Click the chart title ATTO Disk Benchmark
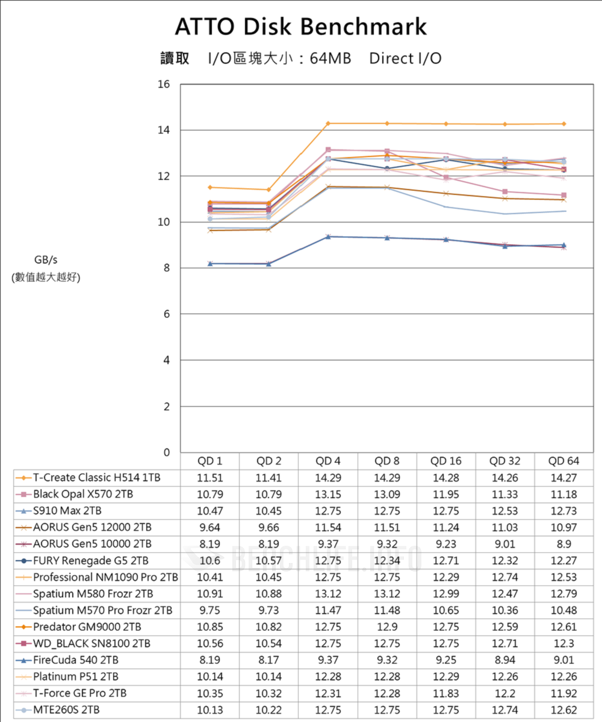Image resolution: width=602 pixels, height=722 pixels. pyautogui.click(x=301, y=27)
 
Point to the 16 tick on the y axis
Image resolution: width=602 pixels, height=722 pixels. pyautogui.click(x=163, y=84)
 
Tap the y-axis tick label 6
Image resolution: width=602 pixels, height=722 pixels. pyautogui.click(x=166, y=314)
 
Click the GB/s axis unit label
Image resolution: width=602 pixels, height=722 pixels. pyautogui.click(x=46, y=260)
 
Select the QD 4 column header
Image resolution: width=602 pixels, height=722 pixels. pyautogui.click(x=328, y=461)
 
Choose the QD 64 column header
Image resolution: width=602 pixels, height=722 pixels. pyautogui.click(x=564, y=461)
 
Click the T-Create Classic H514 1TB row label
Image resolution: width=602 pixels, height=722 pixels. pyautogui.click(x=97, y=478)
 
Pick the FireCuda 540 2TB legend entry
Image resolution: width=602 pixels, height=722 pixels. pyautogui.click(x=76, y=660)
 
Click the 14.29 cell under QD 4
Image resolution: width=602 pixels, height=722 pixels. pyautogui.click(x=328, y=478)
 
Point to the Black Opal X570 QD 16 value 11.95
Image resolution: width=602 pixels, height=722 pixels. pyautogui.click(x=446, y=495)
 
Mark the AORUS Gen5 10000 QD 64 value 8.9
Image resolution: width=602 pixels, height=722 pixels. pyautogui.click(x=564, y=544)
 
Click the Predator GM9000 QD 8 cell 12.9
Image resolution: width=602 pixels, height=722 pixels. pyautogui.click(x=387, y=627)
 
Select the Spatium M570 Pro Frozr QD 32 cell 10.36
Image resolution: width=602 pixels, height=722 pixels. pyautogui.click(x=505, y=610)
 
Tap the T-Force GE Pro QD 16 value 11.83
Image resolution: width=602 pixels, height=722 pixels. pyautogui.click(x=446, y=693)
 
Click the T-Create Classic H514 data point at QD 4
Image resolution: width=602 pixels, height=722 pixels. pyautogui.click(x=328, y=123)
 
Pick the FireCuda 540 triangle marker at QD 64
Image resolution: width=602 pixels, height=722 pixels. pyautogui.click(x=564, y=245)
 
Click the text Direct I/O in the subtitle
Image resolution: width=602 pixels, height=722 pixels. pyautogui.click(x=405, y=58)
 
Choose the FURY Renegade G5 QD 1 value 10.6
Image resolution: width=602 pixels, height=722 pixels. pyautogui.click(x=210, y=561)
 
